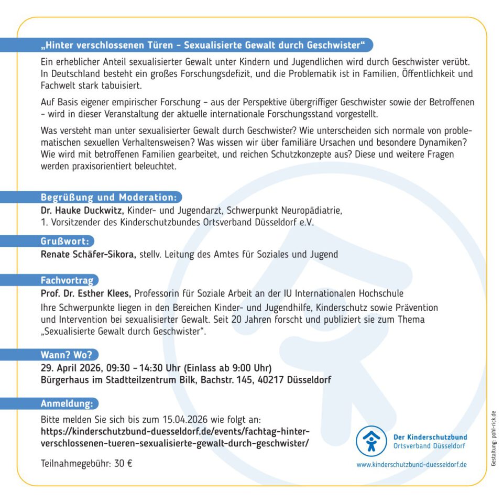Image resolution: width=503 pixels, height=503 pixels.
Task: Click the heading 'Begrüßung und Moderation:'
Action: pos(108,198)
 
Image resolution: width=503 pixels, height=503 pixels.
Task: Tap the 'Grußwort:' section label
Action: pos(65,242)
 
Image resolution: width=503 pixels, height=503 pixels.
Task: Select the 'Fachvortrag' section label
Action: pos(67,280)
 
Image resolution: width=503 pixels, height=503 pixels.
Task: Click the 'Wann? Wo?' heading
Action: pos(67,354)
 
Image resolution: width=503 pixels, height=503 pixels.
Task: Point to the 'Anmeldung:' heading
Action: pos(67,403)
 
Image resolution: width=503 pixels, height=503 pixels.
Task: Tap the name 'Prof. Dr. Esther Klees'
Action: pos(86,293)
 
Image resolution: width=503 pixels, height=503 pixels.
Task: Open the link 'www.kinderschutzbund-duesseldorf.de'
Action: pos(411,464)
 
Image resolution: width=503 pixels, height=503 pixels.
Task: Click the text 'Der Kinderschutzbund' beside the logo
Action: pos(430,436)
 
